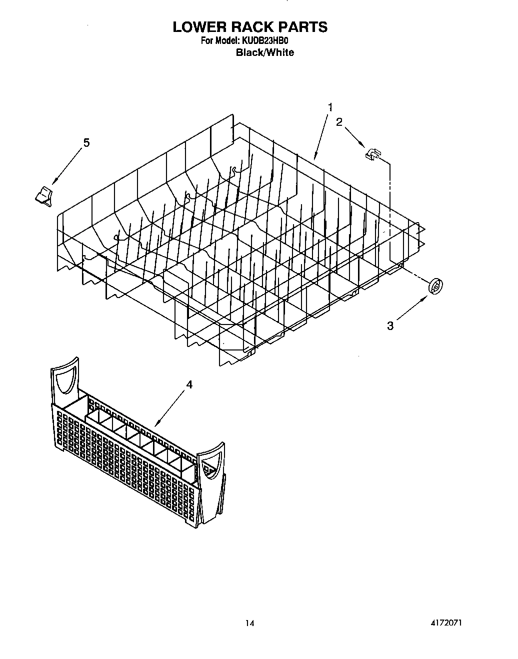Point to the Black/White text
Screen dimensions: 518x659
click(x=265, y=52)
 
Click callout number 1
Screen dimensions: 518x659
click(x=330, y=107)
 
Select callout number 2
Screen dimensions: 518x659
click(x=339, y=122)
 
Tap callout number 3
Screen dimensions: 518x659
click(x=390, y=326)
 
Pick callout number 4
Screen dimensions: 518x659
click(x=189, y=384)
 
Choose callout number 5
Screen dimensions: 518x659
click(x=86, y=143)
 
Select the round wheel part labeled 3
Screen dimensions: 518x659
click(x=436, y=287)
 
